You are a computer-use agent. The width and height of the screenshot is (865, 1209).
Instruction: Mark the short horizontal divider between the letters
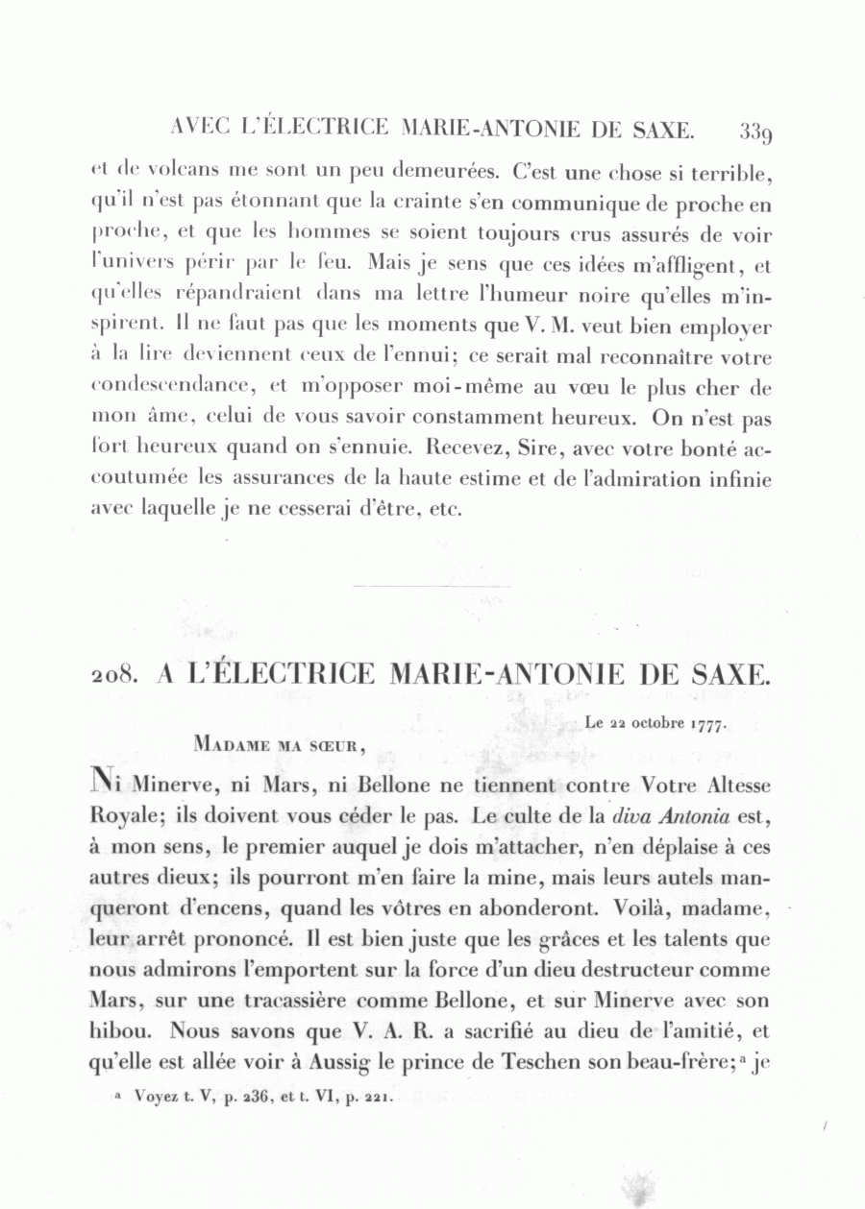(432, 586)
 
